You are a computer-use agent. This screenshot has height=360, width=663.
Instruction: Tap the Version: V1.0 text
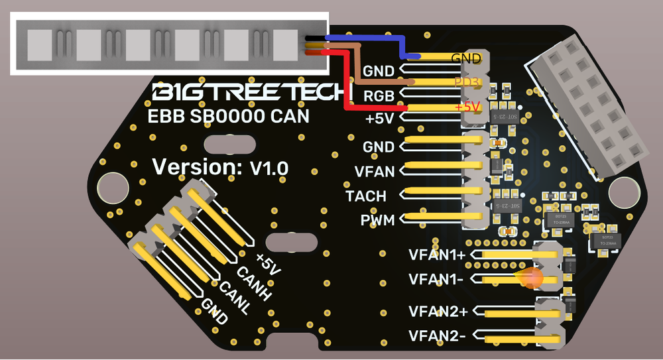coord(220,167)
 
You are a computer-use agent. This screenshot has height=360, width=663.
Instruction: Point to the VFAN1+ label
coord(438,255)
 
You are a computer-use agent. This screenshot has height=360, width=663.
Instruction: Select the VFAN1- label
coord(436,280)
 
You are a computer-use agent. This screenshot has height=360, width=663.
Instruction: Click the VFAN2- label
coord(436,336)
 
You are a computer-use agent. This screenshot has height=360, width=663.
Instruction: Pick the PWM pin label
coord(377,220)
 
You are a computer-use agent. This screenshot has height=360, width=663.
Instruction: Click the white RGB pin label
coord(379,94)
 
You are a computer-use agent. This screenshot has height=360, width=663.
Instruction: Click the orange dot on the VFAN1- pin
coord(532,278)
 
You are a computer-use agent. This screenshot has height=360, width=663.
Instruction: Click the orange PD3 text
coord(466,82)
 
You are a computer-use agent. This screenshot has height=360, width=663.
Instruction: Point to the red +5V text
coord(467,107)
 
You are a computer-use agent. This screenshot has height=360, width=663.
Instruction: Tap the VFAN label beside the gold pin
coord(375,172)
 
